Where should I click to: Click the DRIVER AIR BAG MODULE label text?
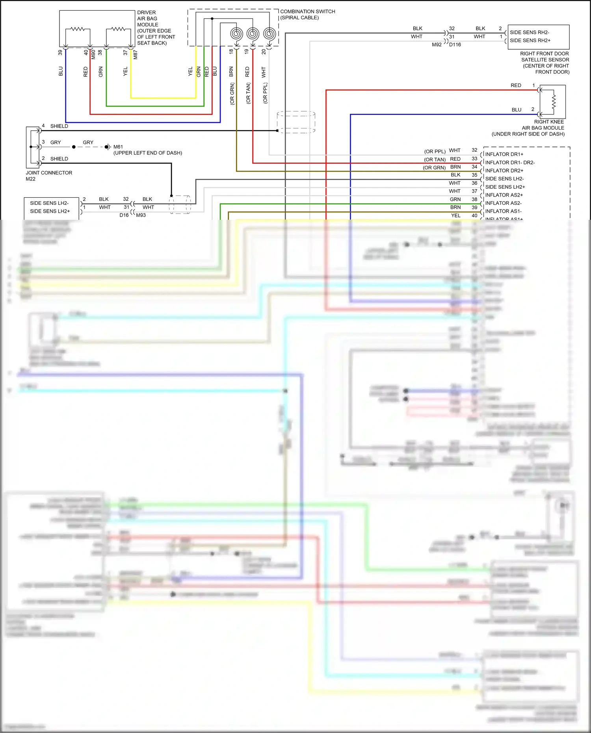pos(156,28)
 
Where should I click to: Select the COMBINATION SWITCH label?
pos(307,15)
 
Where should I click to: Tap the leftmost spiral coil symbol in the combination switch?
pos(236,34)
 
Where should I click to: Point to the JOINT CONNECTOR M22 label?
pos(49,176)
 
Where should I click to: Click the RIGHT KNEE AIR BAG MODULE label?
pos(543,128)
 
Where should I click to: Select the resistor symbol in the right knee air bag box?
pos(554,102)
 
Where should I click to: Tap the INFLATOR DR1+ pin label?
pos(504,154)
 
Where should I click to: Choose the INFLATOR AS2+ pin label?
pos(504,195)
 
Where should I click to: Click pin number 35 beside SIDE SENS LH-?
pos(474,175)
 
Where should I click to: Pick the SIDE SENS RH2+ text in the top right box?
pos(530,41)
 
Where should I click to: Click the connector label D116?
pos(455,45)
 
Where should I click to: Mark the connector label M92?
pos(437,45)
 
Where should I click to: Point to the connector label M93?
pos(141,215)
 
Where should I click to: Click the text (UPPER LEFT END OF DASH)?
pos(148,153)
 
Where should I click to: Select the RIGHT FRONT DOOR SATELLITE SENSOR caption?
pos(545,63)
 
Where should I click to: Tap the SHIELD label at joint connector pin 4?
pos(59,126)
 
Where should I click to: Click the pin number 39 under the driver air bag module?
pos(60,52)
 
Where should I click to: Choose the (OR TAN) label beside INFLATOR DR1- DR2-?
pos(435,160)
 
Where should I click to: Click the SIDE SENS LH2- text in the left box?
pos(49,203)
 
